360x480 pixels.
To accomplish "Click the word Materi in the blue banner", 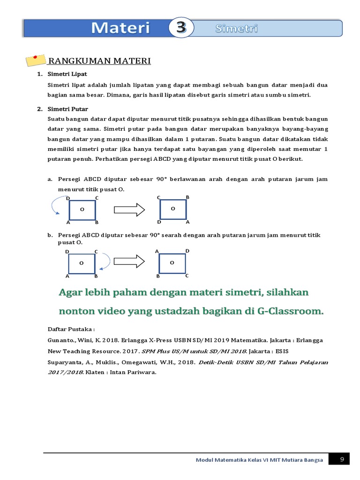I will click(x=120, y=28).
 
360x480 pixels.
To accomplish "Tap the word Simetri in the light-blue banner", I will click(x=236, y=29).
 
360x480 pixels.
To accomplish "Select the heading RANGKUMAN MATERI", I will click(x=99, y=61).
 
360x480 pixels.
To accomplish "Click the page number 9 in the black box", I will click(x=342, y=460).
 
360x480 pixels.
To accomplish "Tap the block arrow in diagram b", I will click(x=129, y=262).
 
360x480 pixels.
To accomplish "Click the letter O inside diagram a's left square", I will click(x=82, y=210).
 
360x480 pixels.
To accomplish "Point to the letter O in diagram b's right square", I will click(x=172, y=263).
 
